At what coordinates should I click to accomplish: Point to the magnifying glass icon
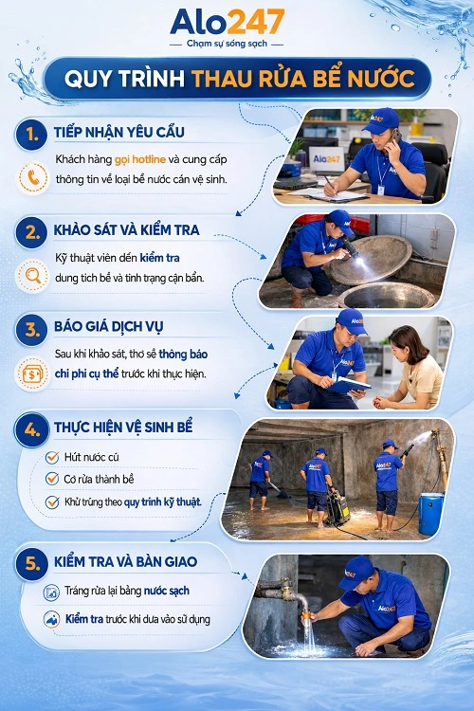[35, 276]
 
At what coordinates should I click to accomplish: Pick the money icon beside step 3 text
[35, 372]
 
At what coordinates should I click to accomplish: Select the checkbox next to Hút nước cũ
[53, 458]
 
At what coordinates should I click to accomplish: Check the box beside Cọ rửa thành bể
[53, 480]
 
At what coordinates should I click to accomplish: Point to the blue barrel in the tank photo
[431, 513]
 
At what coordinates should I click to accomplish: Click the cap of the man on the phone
[381, 118]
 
